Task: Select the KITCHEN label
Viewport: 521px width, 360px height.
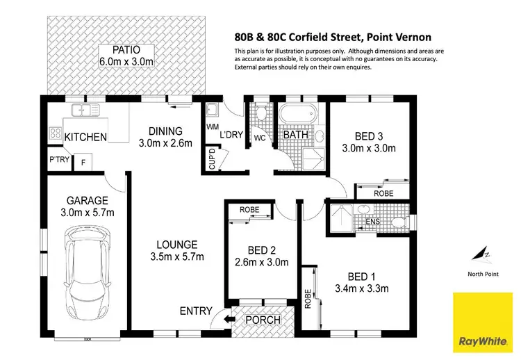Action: [85, 137]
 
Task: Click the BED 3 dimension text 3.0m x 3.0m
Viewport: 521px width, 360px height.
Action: [368, 147]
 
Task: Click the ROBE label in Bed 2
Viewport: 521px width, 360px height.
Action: [249, 209]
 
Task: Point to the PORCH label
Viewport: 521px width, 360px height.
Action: [263, 320]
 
